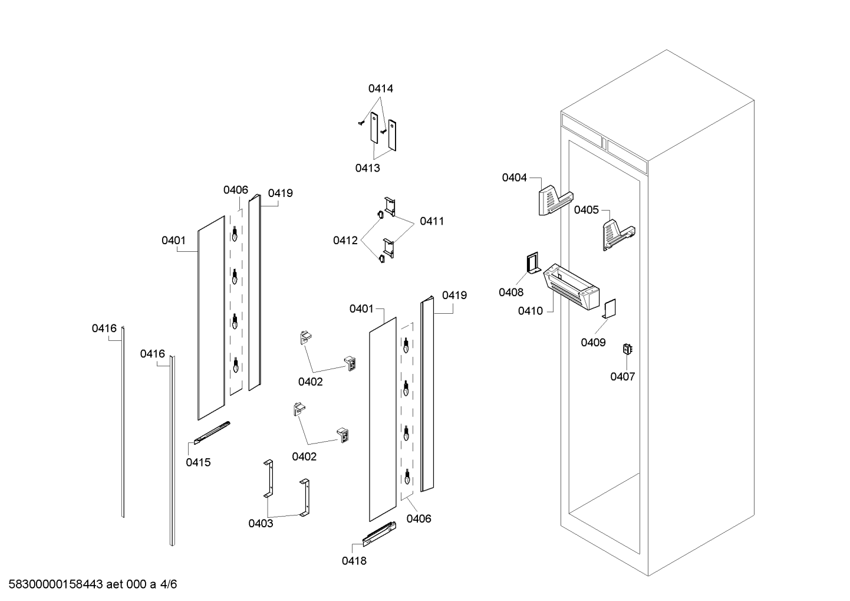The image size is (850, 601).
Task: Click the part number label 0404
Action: click(x=514, y=178)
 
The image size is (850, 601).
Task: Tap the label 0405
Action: click(x=587, y=210)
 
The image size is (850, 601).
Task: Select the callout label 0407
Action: click(x=622, y=377)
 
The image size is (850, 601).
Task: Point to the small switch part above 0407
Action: click(x=628, y=349)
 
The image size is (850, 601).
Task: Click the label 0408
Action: click(x=511, y=293)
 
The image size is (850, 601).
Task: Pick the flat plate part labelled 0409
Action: click(x=610, y=309)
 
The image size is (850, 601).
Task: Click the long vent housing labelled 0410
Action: click(x=571, y=287)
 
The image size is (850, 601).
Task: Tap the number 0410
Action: click(x=531, y=311)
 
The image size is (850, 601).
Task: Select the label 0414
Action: click(x=381, y=89)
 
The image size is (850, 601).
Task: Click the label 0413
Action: click(x=367, y=168)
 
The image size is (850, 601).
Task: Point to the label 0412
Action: click(x=345, y=241)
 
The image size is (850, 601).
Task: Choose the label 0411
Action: click(x=432, y=221)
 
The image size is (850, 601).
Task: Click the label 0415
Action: click(x=198, y=462)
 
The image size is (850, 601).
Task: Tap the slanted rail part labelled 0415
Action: click(x=212, y=433)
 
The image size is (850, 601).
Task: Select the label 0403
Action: click(x=261, y=524)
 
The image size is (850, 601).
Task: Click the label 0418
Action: click(x=354, y=561)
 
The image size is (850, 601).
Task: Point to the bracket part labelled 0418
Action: click(x=380, y=534)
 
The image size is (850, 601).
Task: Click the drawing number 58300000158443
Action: click(x=56, y=584)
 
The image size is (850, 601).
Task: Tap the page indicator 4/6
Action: click(x=169, y=584)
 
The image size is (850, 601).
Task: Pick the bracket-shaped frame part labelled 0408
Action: click(x=533, y=263)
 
